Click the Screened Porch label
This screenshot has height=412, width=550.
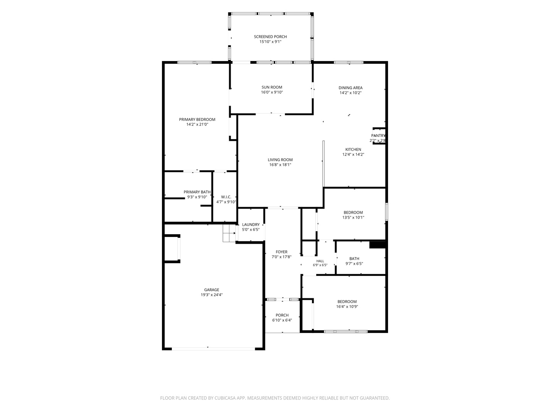click(x=270, y=37)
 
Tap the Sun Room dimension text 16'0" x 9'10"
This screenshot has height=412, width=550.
click(x=272, y=92)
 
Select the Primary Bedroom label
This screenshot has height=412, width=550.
click(x=197, y=119)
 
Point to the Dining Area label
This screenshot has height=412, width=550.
click(x=350, y=88)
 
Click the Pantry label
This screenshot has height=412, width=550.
click(x=378, y=135)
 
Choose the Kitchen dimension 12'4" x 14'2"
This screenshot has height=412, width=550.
click(x=353, y=154)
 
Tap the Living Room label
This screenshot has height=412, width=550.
click(x=280, y=160)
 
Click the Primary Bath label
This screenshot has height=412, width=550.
click(x=197, y=192)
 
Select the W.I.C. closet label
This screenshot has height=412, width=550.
click(x=226, y=197)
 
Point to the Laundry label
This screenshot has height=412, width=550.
click(x=251, y=225)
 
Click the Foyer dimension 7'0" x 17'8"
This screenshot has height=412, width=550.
click(x=281, y=257)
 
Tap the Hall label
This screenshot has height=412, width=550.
click(x=320, y=261)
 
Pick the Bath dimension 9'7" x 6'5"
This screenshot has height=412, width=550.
click(x=354, y=264)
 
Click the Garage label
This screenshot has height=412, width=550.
click(x=212, y=290)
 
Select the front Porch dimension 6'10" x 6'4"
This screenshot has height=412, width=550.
click(x=282, y=320)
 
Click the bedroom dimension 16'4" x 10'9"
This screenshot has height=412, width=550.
click(x=347, y=307)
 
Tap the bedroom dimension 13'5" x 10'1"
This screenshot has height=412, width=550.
click(x=353, y=217)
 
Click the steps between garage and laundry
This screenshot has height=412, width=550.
click(x=229, y=233)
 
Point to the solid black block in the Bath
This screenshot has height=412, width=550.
click(x=377, y=245)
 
